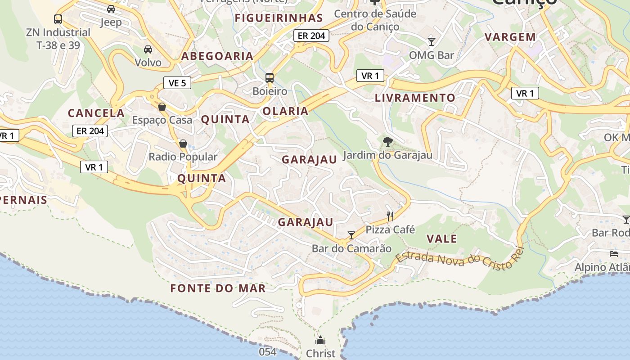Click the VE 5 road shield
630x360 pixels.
coord(177,83)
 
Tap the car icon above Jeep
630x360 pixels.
coord(111,9)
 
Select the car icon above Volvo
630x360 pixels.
coord(148,49)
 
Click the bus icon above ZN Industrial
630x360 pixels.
coord(58,19)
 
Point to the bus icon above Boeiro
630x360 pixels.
coord(270,78)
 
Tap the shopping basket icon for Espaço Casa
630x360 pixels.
coord(162,107)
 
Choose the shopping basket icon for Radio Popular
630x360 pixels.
coord(183,144)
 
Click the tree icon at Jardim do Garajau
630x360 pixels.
coord(387,142)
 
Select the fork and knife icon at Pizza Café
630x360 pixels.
coord(390,216)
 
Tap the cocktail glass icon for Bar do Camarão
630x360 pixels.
coord(351,235)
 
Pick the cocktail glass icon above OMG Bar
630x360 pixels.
coord(432,42)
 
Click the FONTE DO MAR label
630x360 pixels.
coord(218,288)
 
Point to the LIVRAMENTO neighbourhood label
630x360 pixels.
coord(415,98)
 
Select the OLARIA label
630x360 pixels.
coord(285,111)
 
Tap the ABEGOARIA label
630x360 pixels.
coord(217,56)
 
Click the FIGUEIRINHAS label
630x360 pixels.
coord(279,18)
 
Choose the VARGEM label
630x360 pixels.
coord(510,37)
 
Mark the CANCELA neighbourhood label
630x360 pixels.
coord(96,113)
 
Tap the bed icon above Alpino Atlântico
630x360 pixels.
coord(614,254)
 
